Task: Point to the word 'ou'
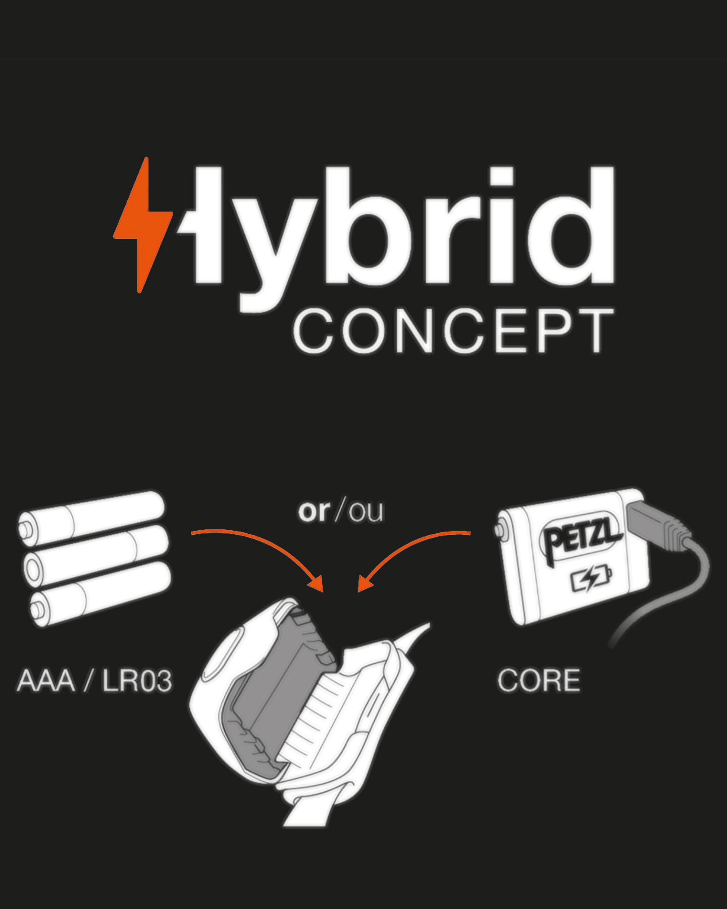pos(366,512)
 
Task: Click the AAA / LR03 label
pos(94,680)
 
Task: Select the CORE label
pos(539,680)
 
